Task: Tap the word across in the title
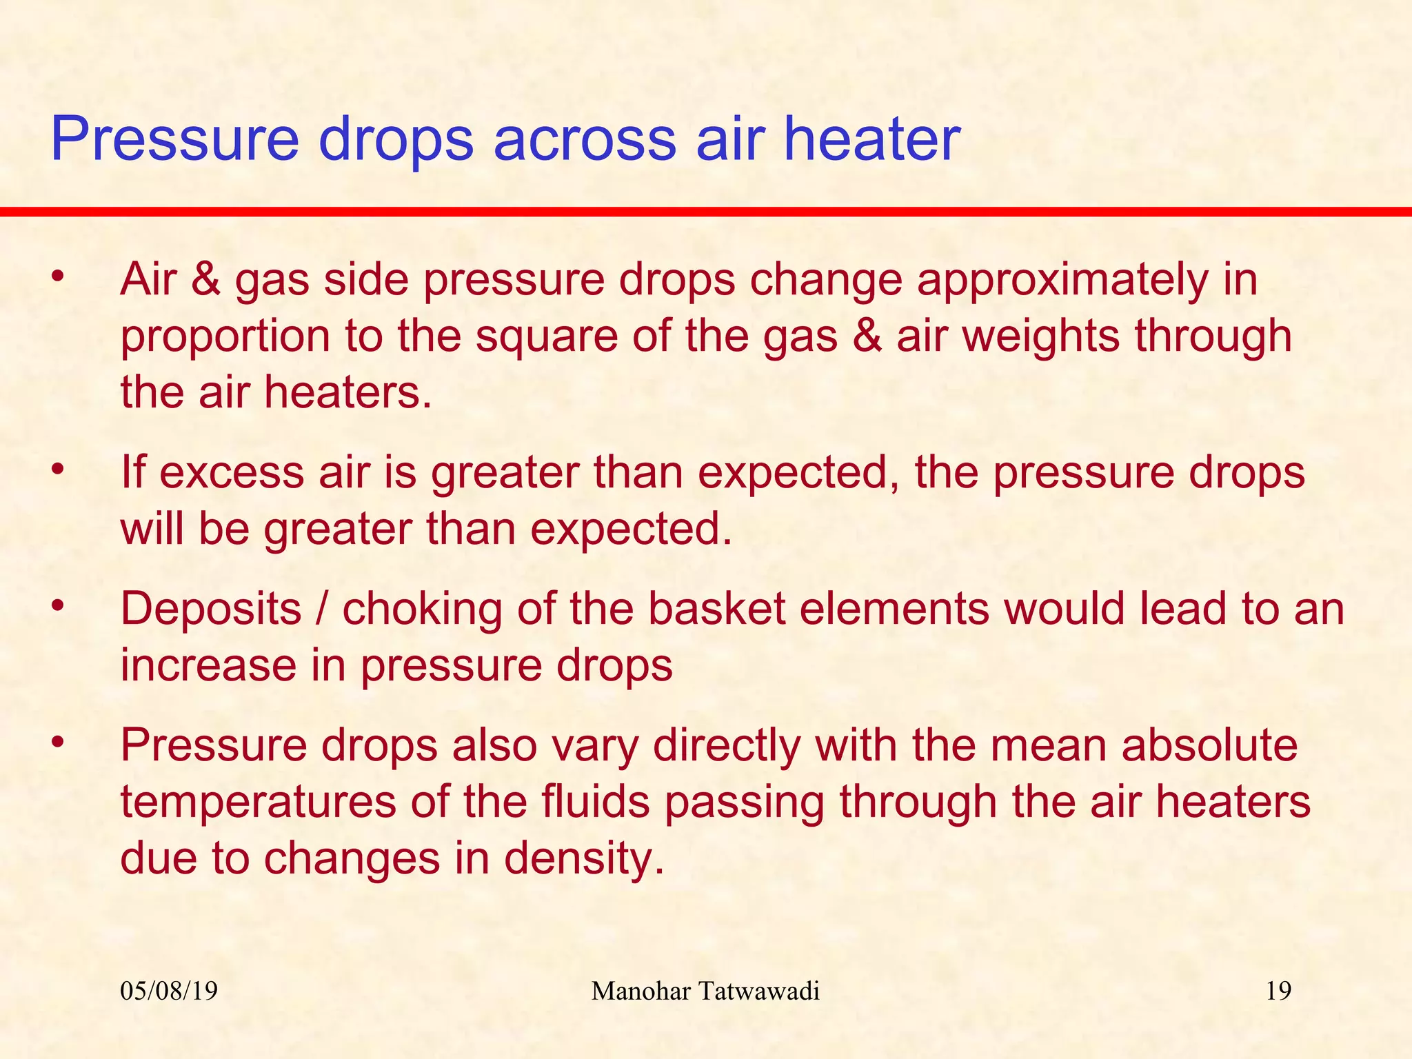[584, 139]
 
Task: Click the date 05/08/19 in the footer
[169, 991]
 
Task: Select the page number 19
[1278, 991]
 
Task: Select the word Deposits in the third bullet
[211, 611]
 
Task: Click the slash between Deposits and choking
[321, 609]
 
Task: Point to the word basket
[717, 609]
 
